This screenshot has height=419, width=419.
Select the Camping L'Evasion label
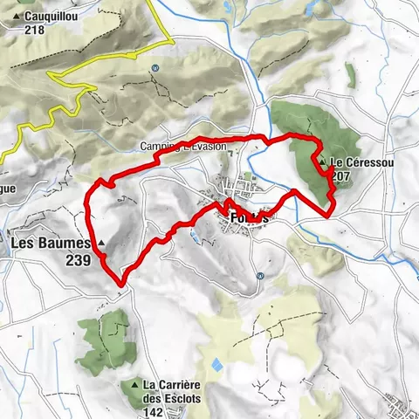[183, 146]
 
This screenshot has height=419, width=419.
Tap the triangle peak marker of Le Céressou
[323, 162]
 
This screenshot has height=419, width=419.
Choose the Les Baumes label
[52, 242]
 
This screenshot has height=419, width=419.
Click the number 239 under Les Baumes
[81, 259]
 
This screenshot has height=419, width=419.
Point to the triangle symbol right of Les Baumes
[101, 242]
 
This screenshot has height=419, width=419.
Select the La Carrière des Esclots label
[182, 385]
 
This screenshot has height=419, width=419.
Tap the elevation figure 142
[156, 413]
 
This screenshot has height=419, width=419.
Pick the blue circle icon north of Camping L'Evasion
[155, 68]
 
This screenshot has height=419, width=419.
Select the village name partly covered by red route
[244, 215]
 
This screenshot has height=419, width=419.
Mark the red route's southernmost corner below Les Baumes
[120, 282]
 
